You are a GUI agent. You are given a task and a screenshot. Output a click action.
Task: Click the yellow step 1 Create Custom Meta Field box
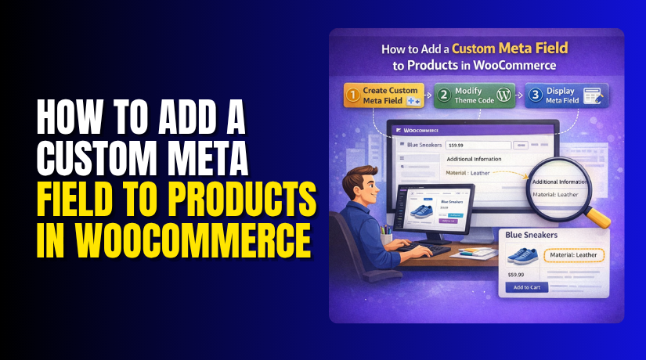point(383,95)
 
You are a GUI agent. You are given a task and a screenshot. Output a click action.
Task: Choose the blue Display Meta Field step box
point(565,95)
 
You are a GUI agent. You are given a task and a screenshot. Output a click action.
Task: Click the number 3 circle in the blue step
point(536,95)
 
